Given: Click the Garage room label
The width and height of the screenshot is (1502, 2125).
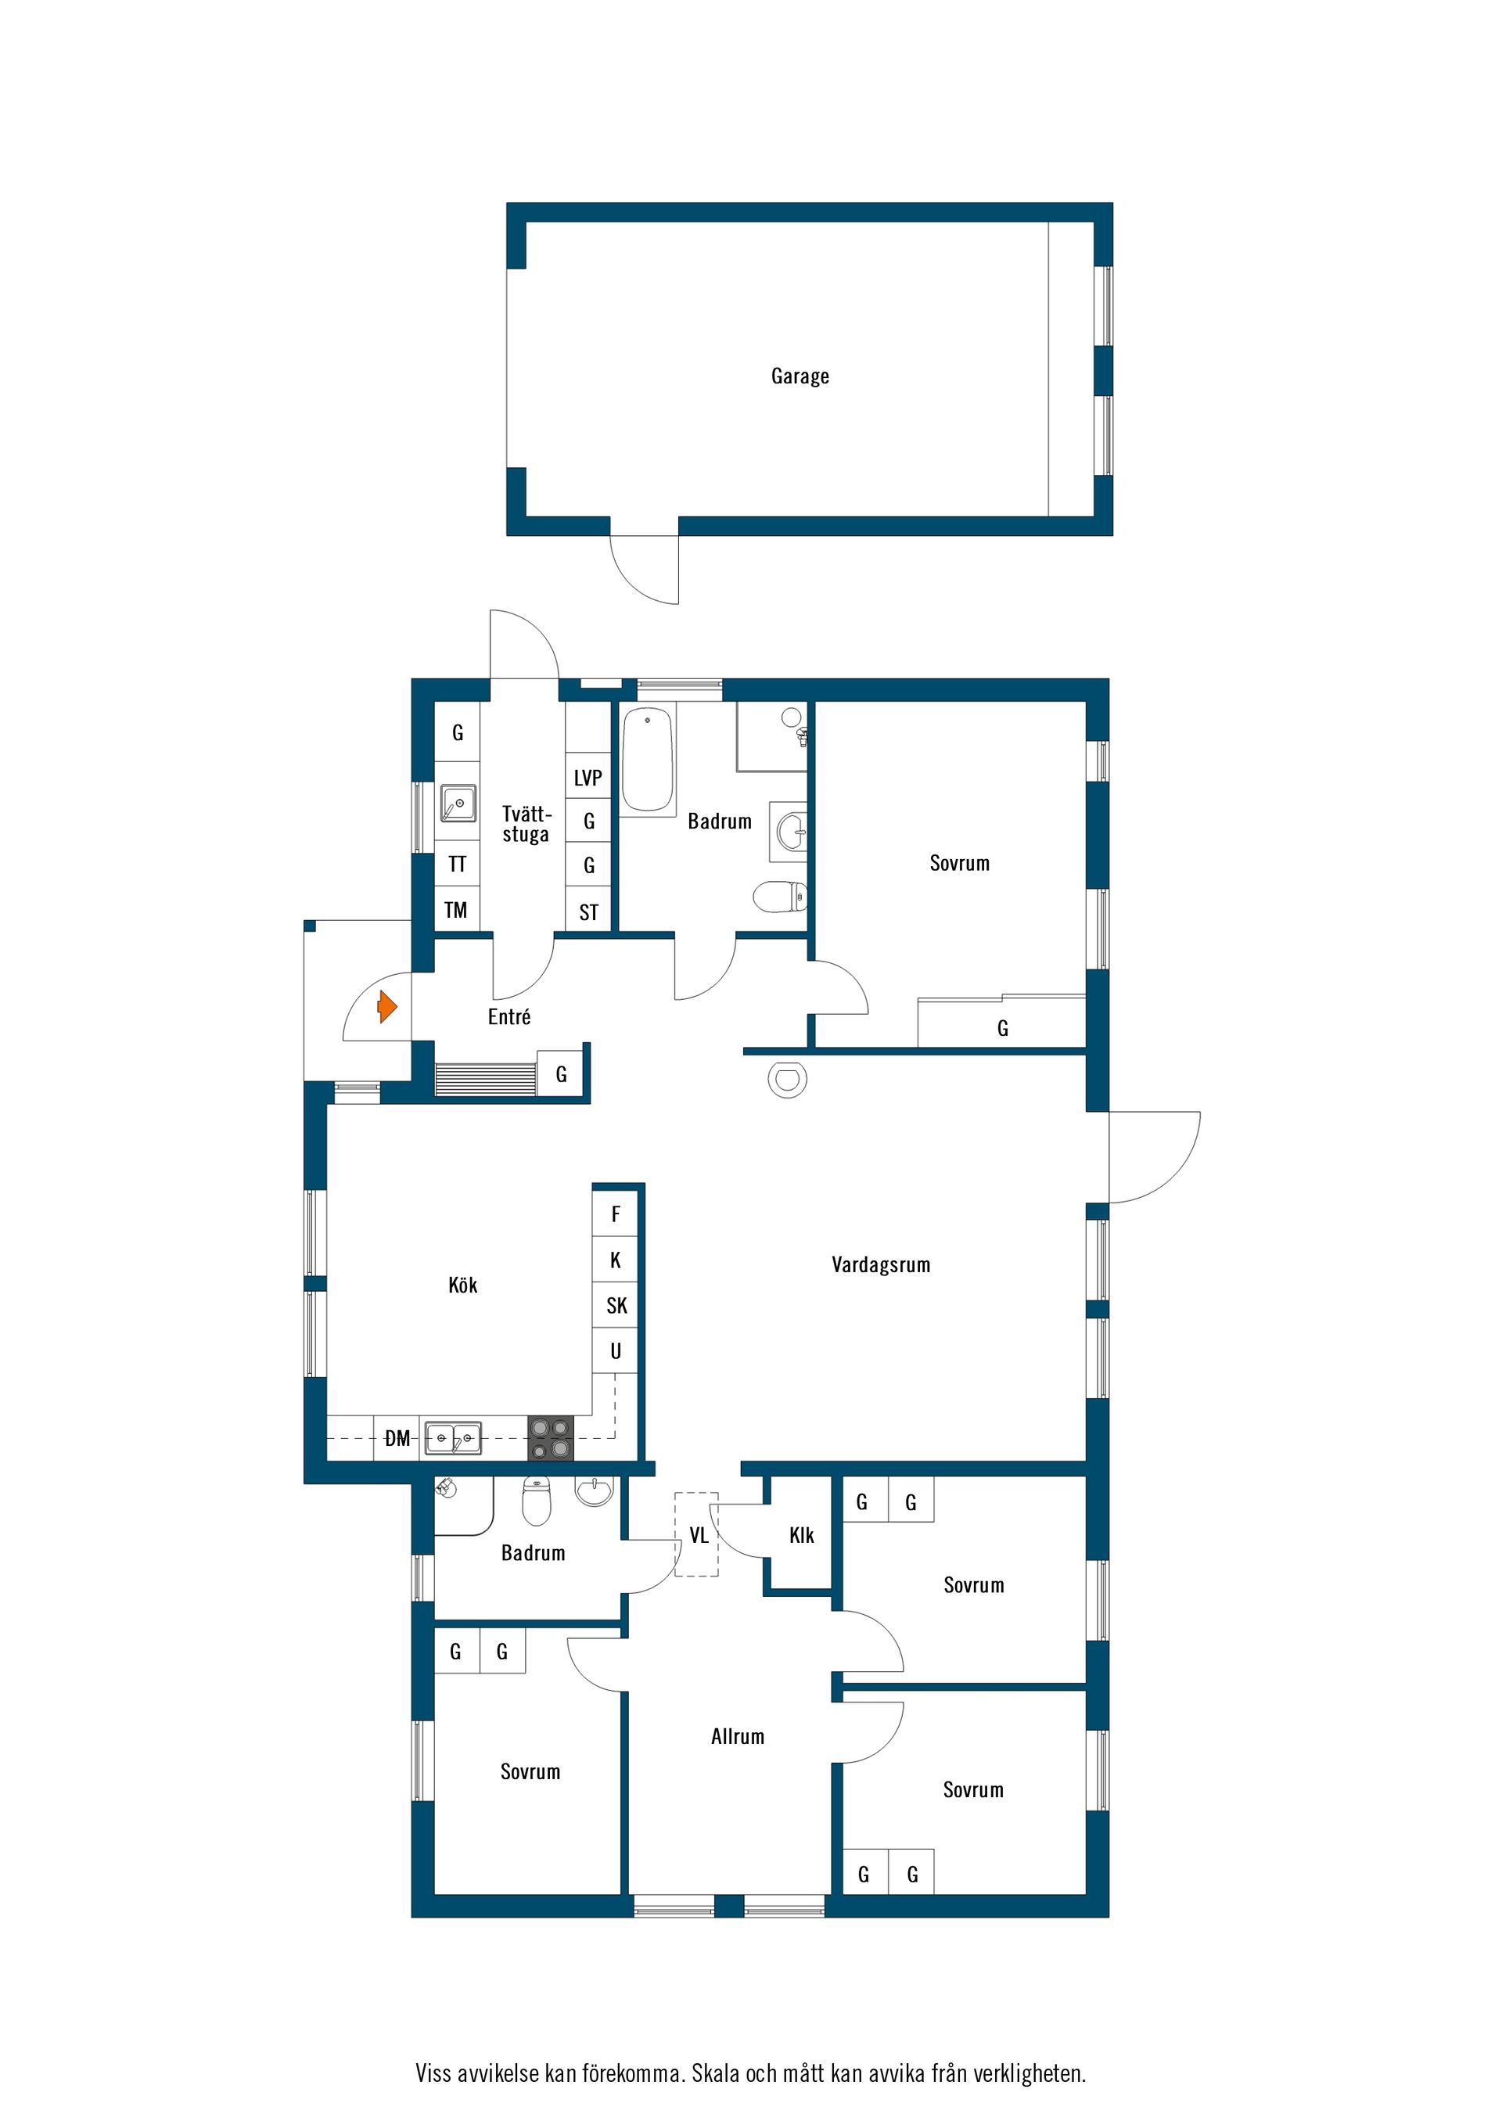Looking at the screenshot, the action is (800, 376).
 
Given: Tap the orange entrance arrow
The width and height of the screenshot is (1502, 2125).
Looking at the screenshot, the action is (386, 1006).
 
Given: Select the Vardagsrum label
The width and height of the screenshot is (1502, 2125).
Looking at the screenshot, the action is (880, 1264).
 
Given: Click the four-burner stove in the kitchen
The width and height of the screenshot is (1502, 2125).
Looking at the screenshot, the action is (551, 1439).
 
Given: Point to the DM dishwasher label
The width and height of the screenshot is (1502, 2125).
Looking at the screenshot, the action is (397, 1438).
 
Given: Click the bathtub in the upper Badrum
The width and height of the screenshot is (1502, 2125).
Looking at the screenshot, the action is (647, 760).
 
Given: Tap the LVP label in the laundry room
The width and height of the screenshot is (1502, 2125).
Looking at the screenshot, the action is (588, 778).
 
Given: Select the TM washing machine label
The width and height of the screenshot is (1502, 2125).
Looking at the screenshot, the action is (455, 910).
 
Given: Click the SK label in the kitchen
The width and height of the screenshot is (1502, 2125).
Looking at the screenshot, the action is (616, 1306).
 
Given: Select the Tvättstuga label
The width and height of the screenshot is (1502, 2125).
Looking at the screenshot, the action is (526, 824).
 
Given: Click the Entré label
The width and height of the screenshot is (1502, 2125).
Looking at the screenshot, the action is (509, 1016).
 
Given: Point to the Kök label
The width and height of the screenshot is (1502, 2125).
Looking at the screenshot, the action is (462, 1285).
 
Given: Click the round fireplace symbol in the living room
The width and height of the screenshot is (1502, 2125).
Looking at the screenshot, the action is (788, 1079).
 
